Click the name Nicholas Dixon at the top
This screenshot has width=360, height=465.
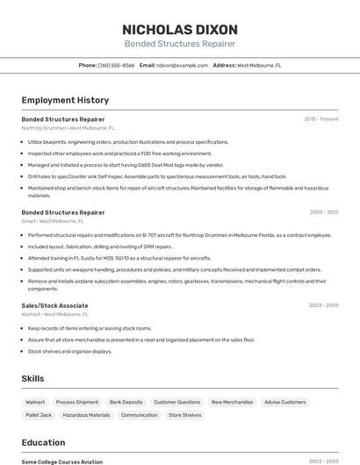(179, 29)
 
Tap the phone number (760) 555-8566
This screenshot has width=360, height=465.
(116, 65)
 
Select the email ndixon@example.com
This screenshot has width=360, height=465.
(182, 65)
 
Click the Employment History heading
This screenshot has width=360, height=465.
(65, 100)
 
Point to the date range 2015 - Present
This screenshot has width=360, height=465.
(320, 118)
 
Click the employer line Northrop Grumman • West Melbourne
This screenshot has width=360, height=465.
(68, 127)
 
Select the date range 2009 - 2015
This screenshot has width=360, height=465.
(323, 212)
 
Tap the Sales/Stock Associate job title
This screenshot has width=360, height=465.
(54, 305)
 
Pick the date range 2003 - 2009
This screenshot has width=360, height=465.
(323, 305)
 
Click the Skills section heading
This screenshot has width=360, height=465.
(33, 378)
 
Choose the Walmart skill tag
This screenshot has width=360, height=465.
(35, 402)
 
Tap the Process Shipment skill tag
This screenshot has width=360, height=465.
(77, 402)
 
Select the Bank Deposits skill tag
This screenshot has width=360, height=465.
(126, 402)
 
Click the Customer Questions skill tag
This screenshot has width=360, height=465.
(176, 402)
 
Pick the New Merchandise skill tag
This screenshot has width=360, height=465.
(232, 402)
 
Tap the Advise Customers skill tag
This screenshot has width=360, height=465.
(285, 402)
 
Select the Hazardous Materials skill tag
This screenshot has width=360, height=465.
(86, 415)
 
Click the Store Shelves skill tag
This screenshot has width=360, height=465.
(185, 415)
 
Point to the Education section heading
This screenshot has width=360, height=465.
(43, 442)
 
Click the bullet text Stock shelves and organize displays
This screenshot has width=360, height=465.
(70, 351)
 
